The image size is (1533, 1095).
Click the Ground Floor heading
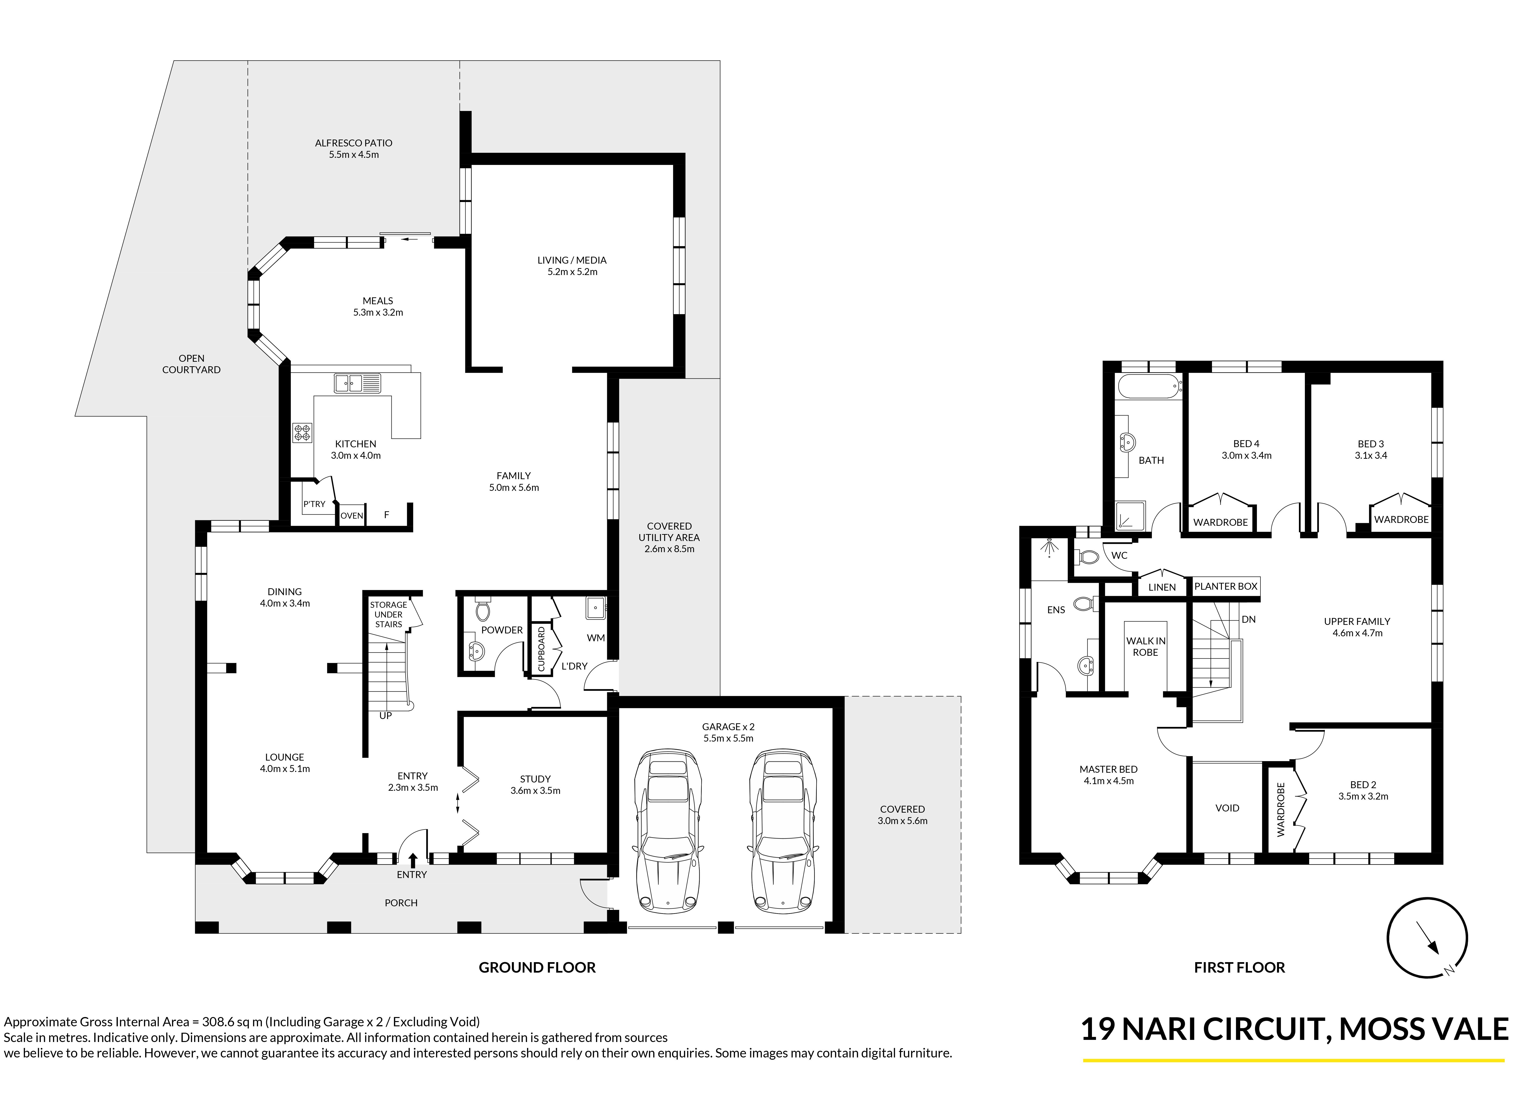pyautogui.click(x=537, y=968)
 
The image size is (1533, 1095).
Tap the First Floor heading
pyautogui.click(x=1239, y=968)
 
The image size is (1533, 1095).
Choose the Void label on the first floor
pyautogui.click(x=1227, y=808)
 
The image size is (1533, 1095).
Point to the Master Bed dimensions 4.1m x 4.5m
pyautogui.click(x=1108, y=781)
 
